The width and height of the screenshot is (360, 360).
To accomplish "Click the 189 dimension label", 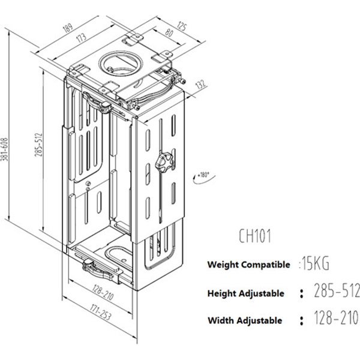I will (x=85, y=28).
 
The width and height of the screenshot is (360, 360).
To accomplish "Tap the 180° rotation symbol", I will (x=202, y=175).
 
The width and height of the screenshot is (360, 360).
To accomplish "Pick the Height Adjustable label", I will (x=245, y=293).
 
